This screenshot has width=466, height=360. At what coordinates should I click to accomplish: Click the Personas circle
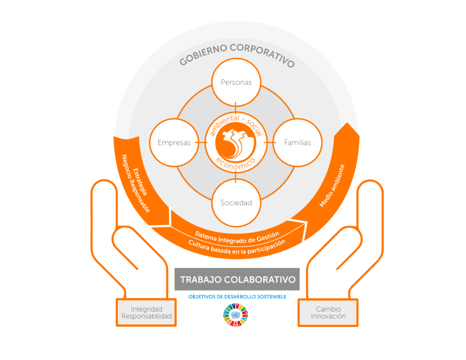(x=236, y=82)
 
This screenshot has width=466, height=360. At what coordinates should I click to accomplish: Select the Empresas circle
(x=174, y=143)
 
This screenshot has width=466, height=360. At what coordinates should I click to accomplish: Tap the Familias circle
(x=297, y=143)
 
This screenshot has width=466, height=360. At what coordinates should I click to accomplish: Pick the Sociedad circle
(x=236, y=203)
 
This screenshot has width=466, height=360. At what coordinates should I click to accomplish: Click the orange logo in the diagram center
(x=236, y=143)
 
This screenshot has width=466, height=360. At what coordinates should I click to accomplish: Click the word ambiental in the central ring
(x=225, y=125)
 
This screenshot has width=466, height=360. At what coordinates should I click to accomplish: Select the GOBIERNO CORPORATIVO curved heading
(x=237, y=54)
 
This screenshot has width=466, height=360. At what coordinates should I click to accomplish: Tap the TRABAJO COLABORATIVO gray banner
(x=237, y=279)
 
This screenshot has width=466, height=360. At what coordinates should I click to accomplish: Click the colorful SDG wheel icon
(x=236, y=315)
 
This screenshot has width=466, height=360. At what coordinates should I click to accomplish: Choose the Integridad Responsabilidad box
(x=146, y=312)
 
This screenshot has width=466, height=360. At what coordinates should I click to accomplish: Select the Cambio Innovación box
(x=328, y=312)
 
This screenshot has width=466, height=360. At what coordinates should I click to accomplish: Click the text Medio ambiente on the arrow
(x=332, y=186)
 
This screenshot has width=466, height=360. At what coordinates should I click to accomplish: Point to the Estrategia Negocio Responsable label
(x=136, y=183)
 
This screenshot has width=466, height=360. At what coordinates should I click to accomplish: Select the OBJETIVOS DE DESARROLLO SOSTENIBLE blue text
(x=237, y=297)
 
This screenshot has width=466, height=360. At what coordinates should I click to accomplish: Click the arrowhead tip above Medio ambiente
(x=347, y=122)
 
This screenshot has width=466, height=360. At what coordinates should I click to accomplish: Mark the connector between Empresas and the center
(x=201, y=143)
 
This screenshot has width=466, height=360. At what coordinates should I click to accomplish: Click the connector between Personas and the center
(x=236, y=108)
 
